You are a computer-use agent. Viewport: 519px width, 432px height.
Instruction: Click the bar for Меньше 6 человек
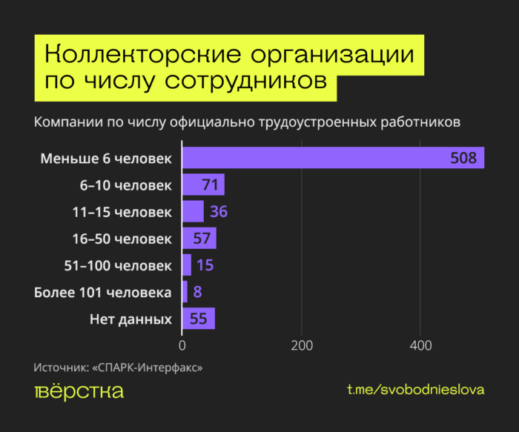click(333, 158)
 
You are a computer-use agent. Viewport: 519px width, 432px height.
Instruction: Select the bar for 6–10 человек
click(202, 185)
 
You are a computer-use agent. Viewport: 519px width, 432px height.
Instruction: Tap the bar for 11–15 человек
click(192, 212)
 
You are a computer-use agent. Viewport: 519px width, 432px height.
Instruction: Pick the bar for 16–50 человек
click(199, 239)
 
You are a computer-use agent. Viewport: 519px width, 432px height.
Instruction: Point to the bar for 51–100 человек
click(186, 265)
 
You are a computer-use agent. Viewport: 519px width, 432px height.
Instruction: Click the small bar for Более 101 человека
click(185, 292)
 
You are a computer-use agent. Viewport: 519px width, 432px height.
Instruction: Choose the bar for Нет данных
click(198, 319)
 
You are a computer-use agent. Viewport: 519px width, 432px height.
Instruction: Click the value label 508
click(463, 158)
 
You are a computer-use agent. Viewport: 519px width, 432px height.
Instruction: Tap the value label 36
click(218, 212)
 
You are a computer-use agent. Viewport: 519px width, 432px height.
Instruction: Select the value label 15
click(205, 265)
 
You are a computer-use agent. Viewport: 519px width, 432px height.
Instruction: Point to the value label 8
click(197, 292)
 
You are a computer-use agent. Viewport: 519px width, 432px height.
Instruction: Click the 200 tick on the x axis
click(301, 345)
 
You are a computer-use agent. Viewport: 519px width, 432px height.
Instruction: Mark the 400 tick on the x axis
click(420, 345)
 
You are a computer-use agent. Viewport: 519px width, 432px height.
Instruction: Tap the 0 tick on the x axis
click(182, 345)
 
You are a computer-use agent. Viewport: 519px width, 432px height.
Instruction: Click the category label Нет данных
click(130, 319)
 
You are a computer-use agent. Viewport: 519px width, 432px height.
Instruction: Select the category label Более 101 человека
click(103, 292)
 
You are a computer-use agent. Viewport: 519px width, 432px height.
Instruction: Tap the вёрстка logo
click(79, 391)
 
